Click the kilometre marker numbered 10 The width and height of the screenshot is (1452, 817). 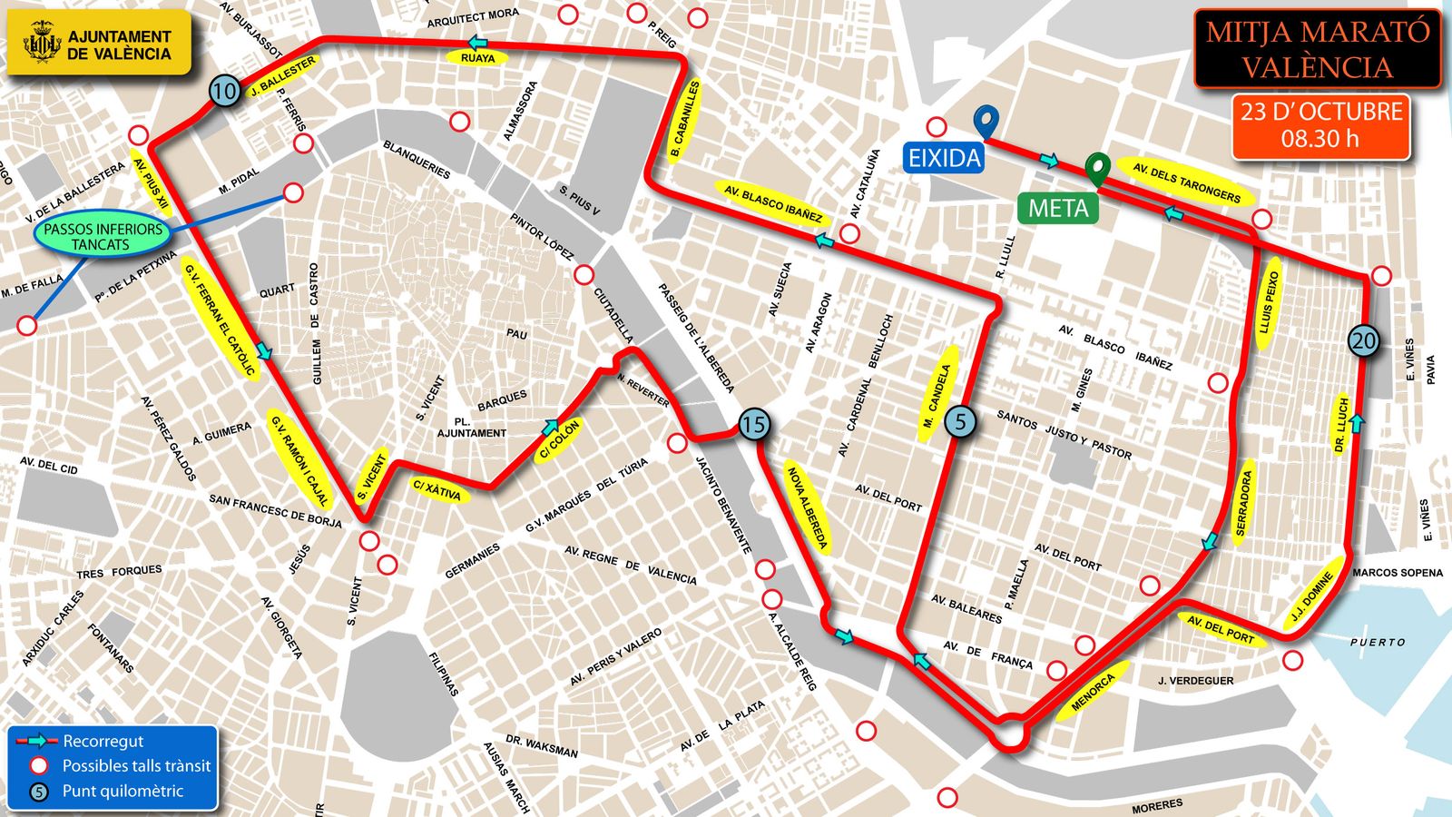coord(225,90)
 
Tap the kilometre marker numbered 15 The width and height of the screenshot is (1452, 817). coord(753,424)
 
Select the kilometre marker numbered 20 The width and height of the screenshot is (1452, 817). coord(1363,340)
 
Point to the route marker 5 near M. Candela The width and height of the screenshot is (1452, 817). coord(961,421)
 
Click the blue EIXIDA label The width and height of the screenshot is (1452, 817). coord(945,158)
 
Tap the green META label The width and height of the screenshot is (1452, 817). coord(1058,209)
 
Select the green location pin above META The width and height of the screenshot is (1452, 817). coord(1099,167)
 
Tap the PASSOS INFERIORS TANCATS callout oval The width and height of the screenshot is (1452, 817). coord(103,237)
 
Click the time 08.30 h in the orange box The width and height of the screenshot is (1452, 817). coord(1320,139)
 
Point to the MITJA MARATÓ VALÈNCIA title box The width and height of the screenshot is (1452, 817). coord(1317,49)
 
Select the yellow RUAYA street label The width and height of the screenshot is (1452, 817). coord(478,58)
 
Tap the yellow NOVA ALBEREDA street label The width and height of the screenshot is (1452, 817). coord(807,508)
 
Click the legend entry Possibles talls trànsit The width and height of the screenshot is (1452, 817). coord(135,765)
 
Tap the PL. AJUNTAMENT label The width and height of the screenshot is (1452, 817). coord(471,428)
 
